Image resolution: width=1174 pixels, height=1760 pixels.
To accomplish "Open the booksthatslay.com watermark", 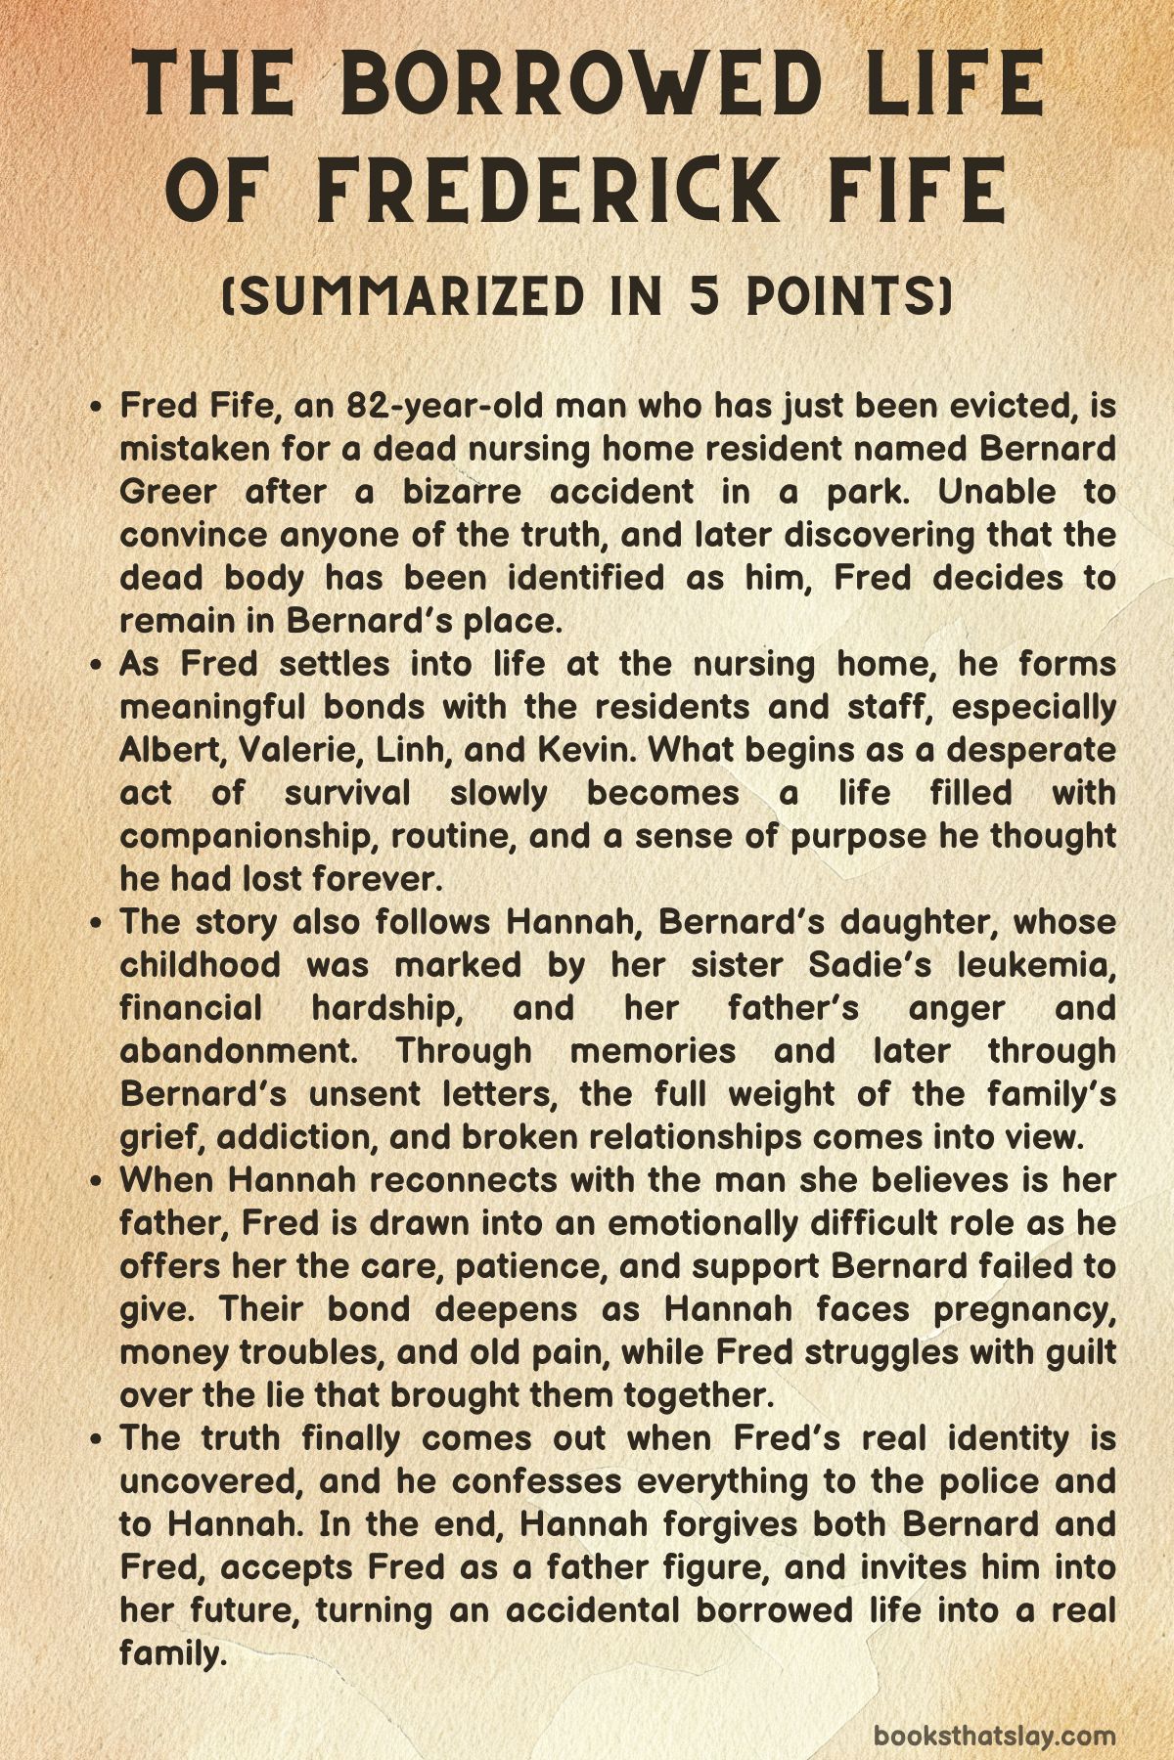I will [994, 1708].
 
